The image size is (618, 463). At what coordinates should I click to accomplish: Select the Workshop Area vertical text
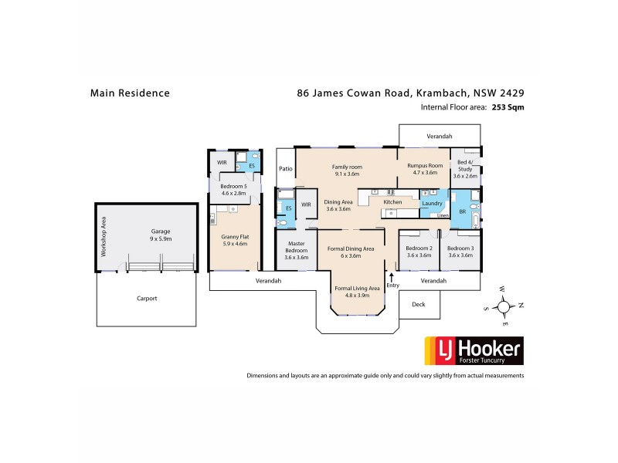104,238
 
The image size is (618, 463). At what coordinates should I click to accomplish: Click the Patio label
285,167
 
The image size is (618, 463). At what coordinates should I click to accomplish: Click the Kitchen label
393,202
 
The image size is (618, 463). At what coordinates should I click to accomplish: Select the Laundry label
430,203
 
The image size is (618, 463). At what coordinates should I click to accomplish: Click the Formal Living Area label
357,289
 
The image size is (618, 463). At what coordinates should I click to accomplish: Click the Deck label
419,304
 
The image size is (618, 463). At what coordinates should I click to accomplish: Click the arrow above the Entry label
392,275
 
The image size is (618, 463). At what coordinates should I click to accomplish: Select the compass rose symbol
504,306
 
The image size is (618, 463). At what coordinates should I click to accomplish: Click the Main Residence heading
130,93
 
